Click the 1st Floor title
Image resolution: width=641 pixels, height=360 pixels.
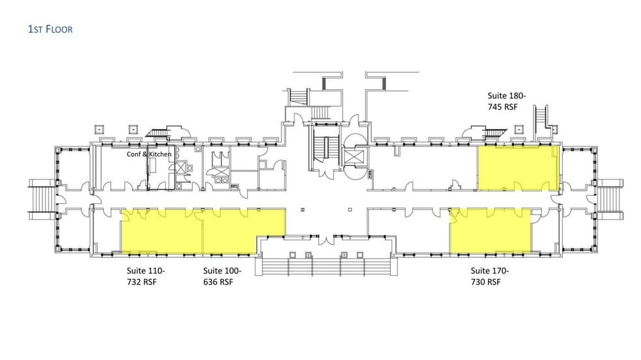point(50,29)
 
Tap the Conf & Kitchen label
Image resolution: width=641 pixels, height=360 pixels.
point(149,154)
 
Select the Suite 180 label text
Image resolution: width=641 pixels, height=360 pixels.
point(507,96)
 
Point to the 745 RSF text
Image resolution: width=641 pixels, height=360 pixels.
point(502,107)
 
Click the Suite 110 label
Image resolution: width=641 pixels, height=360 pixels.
point(145,271)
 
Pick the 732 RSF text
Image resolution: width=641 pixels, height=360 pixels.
point(141,282)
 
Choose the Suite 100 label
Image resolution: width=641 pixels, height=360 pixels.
point(222,271)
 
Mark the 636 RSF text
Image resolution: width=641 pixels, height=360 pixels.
point(218,282)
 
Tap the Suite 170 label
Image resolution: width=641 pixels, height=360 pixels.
point(489,271)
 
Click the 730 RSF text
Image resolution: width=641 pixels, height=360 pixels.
point(485,282)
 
